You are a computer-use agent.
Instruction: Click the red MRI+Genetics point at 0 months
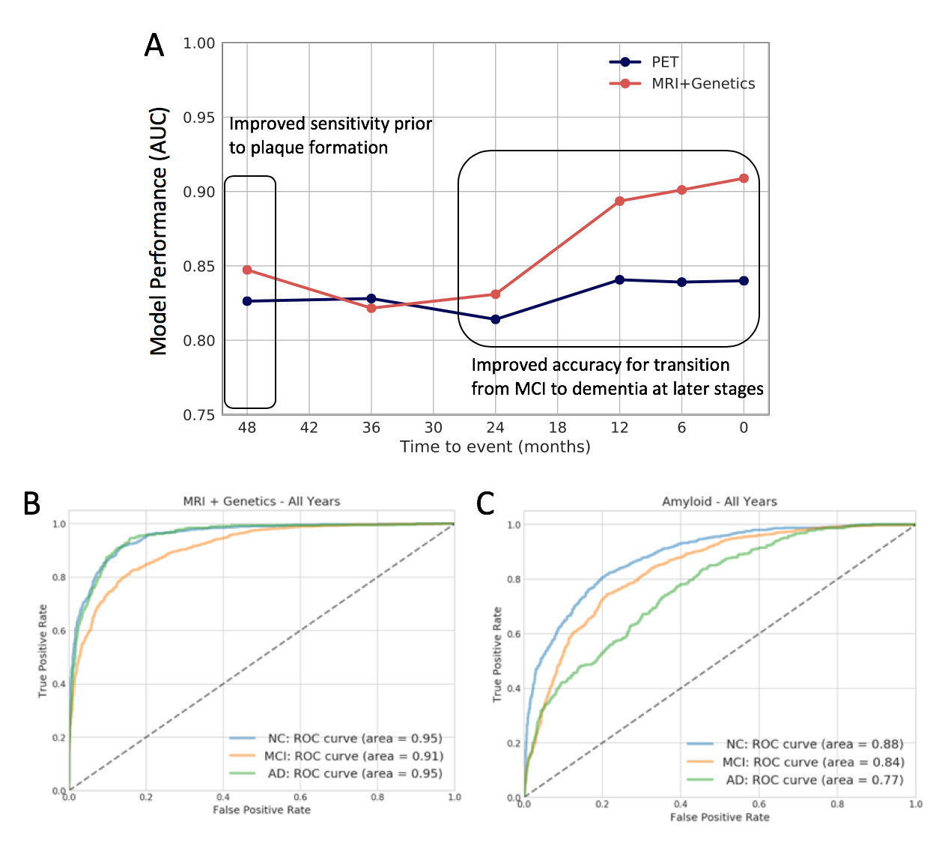(744, 178)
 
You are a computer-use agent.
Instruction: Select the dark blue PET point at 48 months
(247, 301)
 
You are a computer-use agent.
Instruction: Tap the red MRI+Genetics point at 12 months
(619, 202)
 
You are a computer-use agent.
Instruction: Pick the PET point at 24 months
(495, 320)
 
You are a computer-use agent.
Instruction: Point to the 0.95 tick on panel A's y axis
(199, 118)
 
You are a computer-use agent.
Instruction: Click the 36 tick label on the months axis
(371, 428)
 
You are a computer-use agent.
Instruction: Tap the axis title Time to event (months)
(495, 447)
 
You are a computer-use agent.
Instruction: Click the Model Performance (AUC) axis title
(159, 231)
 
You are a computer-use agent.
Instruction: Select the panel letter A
(154, 46)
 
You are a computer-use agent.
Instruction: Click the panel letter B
(31, 504)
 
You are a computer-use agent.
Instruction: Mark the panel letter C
(485, 504)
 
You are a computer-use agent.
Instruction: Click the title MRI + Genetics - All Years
(261, 501)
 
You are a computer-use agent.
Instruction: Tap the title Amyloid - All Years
(719, 501)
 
